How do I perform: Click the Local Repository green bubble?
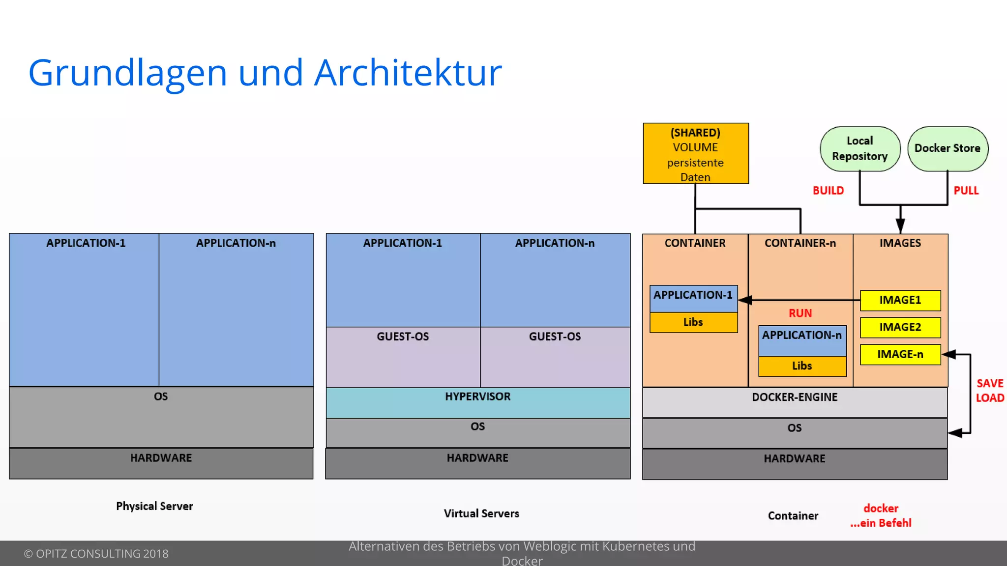pyautogui.click(x=860, y=149)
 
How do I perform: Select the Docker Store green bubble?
pyautogui.click(x=948, y=148)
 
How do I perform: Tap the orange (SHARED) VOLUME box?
pyautogui.click(x=696, y=154)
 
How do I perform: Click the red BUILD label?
pyautogui.click(x=828, y=191)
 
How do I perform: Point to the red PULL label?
pyautogui.click(x=966, y=191)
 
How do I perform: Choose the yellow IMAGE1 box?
pyautogui.click(x=900, y=300)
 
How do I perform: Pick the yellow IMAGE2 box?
pyautogui.click(x=900, y=327)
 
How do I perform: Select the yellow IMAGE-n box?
pyautogui.click(x=900, y=354)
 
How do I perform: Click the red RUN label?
pyautogui.click(x=800, y=313)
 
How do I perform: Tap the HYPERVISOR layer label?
pyautogui.click(x=478, y=396)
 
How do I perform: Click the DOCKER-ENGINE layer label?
pyautogui.click(x=795, y=397)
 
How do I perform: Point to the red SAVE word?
pyautogui.click(x=990, y=383)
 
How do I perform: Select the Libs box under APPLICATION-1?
pyautogui.click(x=693, y=322)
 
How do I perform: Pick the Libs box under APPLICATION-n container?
pyautogui.click(x=802, y=366)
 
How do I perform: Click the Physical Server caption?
pyautogui.click(x=154, y=506)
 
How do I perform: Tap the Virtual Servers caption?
pyautogui.click(x=481, y=513)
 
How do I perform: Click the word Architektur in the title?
pyautogui.click(x=408, y=73)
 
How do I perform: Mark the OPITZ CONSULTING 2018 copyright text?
pyautogui.click(x=96, y=554)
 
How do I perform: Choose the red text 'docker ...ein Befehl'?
pyautogui.click(x=881, y=515)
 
